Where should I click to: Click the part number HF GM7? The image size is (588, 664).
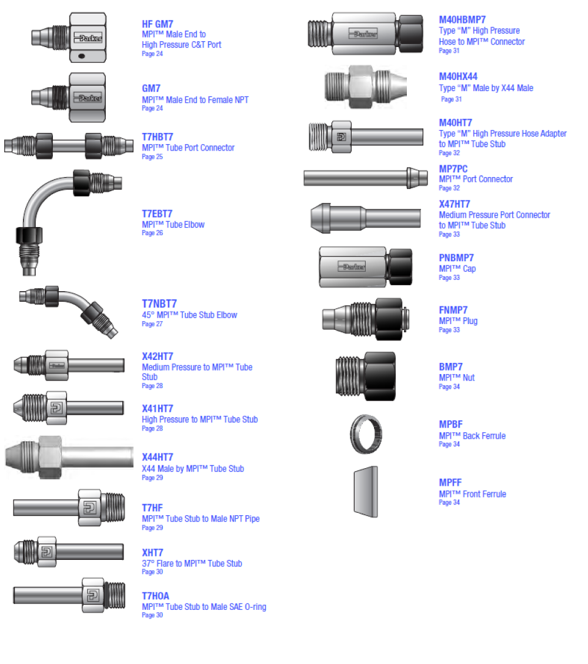click(x=158, y=24)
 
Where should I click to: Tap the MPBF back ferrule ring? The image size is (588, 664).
click(x=366, y=434)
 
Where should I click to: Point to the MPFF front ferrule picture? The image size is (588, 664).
click(x=366, y=492)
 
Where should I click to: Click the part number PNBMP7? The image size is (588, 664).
click(x=456, y=258)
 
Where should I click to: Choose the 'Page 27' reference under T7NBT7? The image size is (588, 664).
click(x=152, y=324)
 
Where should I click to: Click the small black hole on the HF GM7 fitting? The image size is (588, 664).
click(x=82, y=56)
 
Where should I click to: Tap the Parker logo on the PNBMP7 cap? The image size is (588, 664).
click(x=352, y=267)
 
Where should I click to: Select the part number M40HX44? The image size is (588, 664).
click(x=458, y=76)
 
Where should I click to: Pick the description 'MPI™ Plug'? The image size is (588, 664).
click(x=458, y=321)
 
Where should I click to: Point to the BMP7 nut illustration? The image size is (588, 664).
click(x=366, y=376)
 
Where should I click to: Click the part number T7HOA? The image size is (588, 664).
click(x=155, y=596)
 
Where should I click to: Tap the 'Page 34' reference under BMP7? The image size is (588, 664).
click(x=449, y=386)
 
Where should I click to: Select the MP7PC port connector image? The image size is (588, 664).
click(x=366, y=178)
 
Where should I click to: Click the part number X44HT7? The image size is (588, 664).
click(x=158, y=458)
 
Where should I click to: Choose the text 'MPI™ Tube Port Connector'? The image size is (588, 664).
click(x=188, y=148)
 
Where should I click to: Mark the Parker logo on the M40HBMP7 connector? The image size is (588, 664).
click(x=363, y=34)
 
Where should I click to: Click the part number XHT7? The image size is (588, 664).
click(x=152, y=553)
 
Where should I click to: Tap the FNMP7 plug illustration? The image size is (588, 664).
click(x=366, y=319)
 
